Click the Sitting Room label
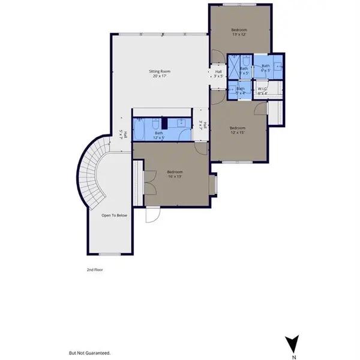click(x=158, y=74)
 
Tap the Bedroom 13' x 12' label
click(x=239, y=32)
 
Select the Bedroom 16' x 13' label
click(x=175, y=175)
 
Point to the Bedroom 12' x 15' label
click(x=238, y=130)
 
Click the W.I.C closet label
click(x=262, y=91)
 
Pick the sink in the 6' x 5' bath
click(x=277, y=67)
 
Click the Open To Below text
click(x=113, y=215)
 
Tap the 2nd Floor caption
click(x=95, y=270)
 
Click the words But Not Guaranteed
click(x=90, y=353)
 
